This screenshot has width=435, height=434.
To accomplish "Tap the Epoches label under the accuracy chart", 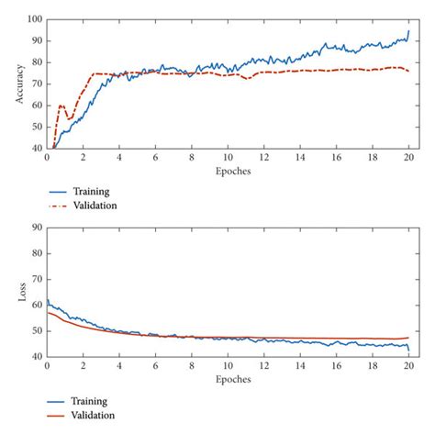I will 229,171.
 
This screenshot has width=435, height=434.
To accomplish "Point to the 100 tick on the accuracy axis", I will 35,19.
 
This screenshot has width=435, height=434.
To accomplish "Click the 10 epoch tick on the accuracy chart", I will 229,157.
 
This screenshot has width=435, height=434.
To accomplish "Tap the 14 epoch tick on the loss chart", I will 301,365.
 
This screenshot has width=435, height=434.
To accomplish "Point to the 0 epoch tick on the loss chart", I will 47,365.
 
